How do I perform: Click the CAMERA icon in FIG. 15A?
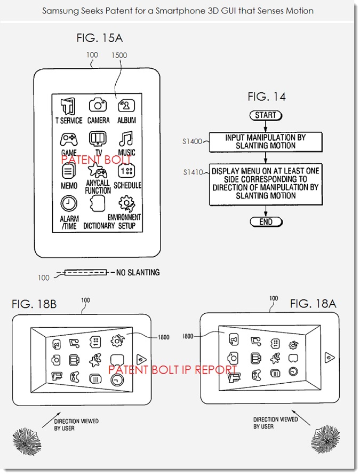[98, 105]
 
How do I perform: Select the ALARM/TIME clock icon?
[68, 203]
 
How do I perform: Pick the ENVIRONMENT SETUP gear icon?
[126, 203]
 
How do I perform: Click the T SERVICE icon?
[68, 106]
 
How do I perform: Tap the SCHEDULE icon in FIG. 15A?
[127, 171]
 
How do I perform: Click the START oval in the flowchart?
[266, 115]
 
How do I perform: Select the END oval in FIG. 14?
[266, 221]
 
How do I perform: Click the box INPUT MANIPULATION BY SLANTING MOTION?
[265, 141]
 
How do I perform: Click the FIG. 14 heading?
[266, 97]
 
